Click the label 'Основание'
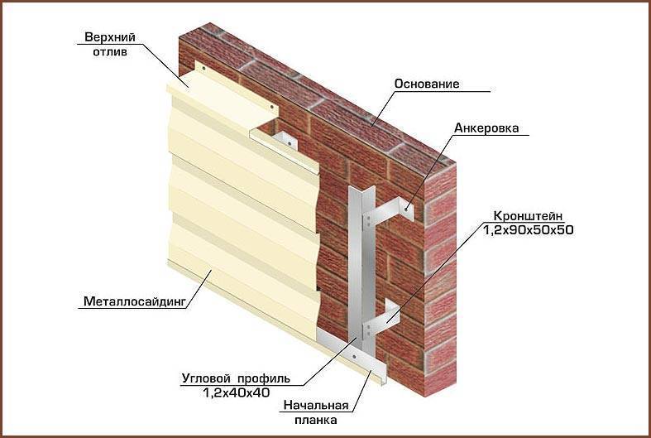(x=427, y=84)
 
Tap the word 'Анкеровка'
(x=486, y=128)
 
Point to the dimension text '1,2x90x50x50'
(x=528, y=230)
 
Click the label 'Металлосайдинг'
(x=134, y=301)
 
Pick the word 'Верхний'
(x=110, y=37)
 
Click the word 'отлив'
(x=110, y=52)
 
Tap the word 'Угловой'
(x=206, y=378)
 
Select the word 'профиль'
(x=264, y=378)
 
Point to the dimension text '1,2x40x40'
(x=237, y=392)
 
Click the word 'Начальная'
(x=316, y=405)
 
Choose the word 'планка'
(x=316, y=420)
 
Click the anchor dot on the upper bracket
(x=405, y=209)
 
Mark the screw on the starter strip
(x=354, y=357)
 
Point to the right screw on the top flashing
(x=272, y=107)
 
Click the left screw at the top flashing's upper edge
(x=203, y=68)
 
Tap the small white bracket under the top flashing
(x=285, y=141)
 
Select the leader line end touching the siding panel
(x=211, y=270)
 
